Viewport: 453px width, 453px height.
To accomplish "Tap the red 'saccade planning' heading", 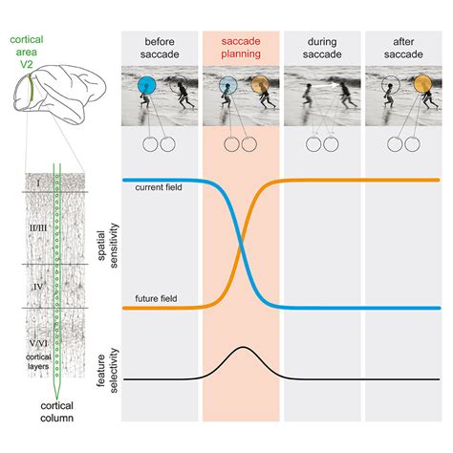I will [242, 48].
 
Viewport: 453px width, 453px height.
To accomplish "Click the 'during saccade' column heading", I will [323, 48].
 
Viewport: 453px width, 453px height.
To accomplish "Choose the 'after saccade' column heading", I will [403, 48].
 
